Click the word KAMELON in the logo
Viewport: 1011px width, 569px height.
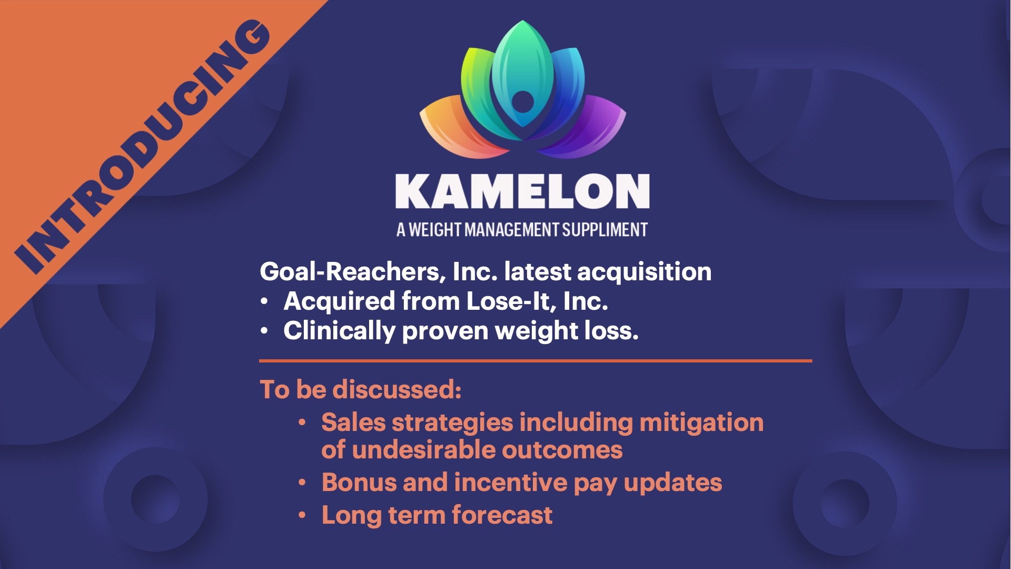pyautogui.click(x=522, y=191)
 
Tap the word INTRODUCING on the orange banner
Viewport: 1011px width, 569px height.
pyautogui.click(x=142, y=148)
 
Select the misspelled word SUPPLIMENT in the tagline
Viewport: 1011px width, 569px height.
pyautogui.click(x=605, y=230)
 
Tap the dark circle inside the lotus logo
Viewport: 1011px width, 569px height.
pyautogui.click(x=522, y=102)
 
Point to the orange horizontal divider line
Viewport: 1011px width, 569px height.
pyautogui.click(x=536, y=361)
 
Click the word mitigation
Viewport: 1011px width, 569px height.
pyautogui.click(x=701, y=423)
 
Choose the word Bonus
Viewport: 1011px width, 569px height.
pyautogui.click(x=359, y=483)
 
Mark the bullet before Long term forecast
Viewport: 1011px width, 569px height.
pyautogui.click(x=302, y=515)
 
